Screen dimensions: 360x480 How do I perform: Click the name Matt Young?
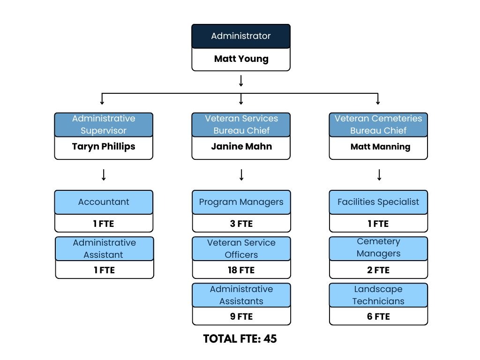tap(241, 59)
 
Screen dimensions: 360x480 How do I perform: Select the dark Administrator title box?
tap(241, 36)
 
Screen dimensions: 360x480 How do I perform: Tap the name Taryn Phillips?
tap(104, 147)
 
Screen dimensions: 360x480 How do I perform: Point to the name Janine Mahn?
tap(241, 147)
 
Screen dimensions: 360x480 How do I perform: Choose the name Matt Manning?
tap(380, 147)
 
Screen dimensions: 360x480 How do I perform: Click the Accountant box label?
tap(104, 202)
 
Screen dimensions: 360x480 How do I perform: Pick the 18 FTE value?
tap(241, 270)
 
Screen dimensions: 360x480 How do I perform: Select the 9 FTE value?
tap(241, 317)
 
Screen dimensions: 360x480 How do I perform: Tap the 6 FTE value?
tap(378, 317)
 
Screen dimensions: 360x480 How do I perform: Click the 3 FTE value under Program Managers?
tap(241, 224)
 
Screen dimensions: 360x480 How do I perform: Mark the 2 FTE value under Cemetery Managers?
tap(378, 270)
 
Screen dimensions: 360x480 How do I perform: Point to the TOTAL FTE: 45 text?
tap(240, 339)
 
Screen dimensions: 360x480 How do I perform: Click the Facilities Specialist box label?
tap(378, 202)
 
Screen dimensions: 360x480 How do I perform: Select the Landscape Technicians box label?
tap(378, 295)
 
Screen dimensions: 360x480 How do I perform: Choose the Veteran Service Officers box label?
tap(241, 249)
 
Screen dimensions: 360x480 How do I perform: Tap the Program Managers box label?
tap(241, 202)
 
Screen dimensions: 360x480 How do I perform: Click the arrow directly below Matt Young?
tap(241, 81)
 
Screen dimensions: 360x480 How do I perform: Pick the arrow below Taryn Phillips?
tap(104, 175)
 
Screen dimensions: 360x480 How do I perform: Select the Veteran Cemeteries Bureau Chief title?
tap(378, 125)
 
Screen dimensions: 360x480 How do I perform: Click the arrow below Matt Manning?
tap(379, 175)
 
